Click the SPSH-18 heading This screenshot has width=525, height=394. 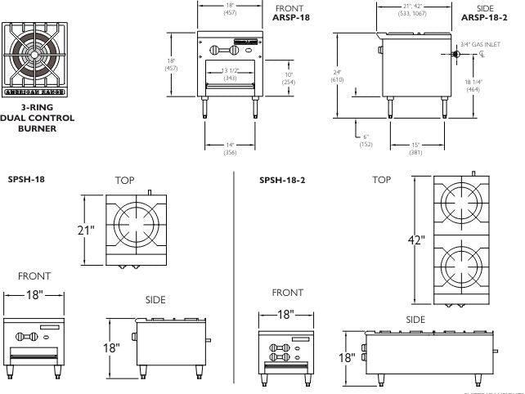25,178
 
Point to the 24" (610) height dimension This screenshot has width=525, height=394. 337,75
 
